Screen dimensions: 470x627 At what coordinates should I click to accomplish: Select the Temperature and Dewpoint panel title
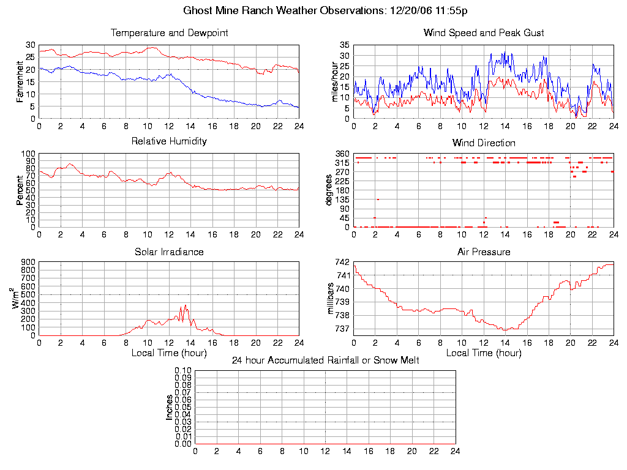click(169, 32)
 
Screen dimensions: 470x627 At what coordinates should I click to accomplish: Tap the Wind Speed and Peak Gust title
click(483, 32)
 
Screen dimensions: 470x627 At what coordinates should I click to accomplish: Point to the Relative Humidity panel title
click(169, 141)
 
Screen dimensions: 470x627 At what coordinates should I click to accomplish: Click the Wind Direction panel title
click(484, 143)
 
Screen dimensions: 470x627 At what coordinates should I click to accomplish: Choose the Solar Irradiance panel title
click(169, 252)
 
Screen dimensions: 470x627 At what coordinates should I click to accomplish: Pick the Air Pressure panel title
click(484, 252)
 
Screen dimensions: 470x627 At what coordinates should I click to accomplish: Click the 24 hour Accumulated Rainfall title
click(325, 360)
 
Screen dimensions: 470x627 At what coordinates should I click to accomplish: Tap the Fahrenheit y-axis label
click(20, 81)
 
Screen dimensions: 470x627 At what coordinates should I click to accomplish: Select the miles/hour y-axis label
click(335, 81)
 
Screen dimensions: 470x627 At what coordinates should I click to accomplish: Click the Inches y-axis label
click(170, 407)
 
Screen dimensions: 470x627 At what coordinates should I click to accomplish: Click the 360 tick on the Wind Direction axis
click(342, 154)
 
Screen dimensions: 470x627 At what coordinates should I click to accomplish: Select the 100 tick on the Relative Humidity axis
click(28, 154)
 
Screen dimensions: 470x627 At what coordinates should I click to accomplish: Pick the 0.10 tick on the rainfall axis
click(183, 370)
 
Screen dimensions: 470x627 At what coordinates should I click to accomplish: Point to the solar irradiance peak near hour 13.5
click(185, 305)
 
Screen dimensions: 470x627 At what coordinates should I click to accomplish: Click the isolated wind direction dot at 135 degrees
click(378, 200)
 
